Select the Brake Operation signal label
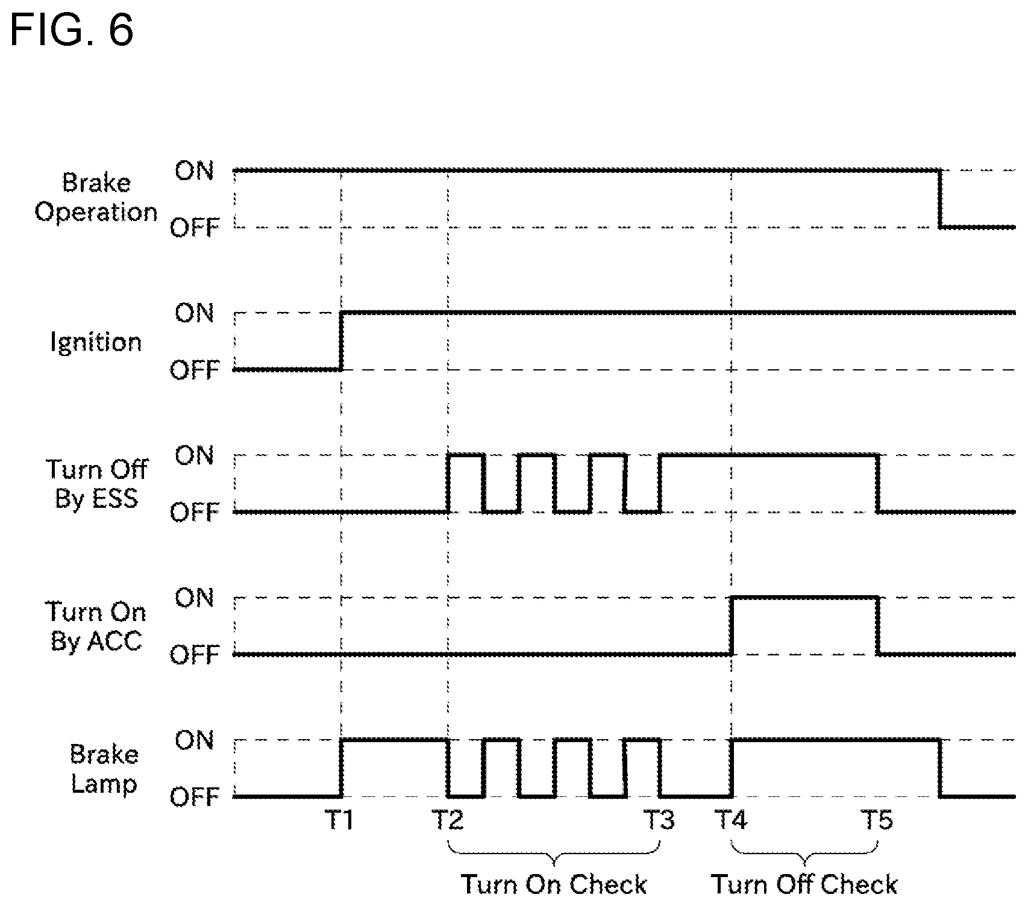[x=96, y=198]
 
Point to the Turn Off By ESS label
[x=96, y=484]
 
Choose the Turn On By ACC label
[x=96, y=626]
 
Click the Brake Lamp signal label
[x=104, y=769]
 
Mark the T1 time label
[x=339, y=820]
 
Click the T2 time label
[x=448, y=820]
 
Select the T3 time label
[x=659, y=820]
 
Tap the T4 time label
[x=731, y=820]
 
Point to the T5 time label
[x=877, y=820]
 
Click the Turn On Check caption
[x=554, y=885]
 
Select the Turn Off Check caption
[x=804, y=885]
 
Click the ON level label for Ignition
[x=194, y=313]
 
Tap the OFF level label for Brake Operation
[x=194, y=228]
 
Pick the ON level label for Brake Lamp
[x=194, y=740]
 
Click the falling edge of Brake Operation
[x=939, y=199]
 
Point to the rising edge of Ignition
[x=341, y=341]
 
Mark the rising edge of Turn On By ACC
[x=732, y=626]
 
